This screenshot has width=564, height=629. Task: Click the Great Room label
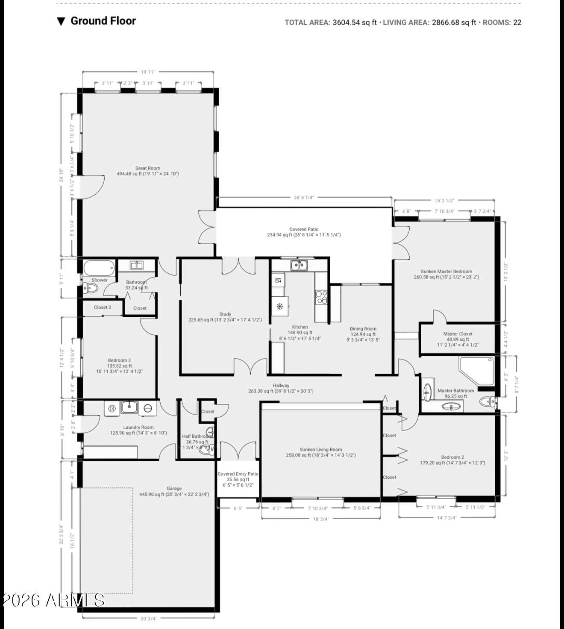point(148,171)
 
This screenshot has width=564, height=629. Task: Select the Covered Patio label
point(304,232)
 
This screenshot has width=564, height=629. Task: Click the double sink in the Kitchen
point(299,266)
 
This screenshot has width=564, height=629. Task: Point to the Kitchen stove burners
point(321,297)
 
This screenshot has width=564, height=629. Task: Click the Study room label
point(225,317)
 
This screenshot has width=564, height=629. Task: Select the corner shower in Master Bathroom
point(475,370)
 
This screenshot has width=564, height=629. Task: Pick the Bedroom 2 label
point(452,460)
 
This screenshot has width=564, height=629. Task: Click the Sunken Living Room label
point(320,452)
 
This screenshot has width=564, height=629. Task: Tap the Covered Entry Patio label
point(238,479)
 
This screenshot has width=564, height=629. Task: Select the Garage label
point(174,491)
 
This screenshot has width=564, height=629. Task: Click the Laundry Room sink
point(129,407)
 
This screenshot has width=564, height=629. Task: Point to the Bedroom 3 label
point(119,366)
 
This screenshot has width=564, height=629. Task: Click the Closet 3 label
point(103,307)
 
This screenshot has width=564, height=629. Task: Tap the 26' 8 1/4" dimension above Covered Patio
point(304,198)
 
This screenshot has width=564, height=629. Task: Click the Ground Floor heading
point(103,21)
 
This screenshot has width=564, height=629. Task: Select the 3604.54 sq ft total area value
point(355,23)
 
